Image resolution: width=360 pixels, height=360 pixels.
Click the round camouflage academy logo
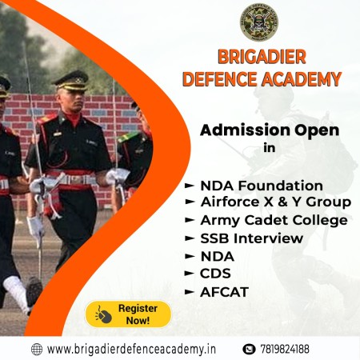(259, 22)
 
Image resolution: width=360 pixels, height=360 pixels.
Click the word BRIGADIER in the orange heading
(262, 57)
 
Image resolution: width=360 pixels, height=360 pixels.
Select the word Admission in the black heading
(245, 130)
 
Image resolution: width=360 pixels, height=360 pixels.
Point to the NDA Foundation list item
(262, 186)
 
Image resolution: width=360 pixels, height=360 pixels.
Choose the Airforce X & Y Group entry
(276, 202)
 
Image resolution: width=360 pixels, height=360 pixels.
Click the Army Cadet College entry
(274, 221)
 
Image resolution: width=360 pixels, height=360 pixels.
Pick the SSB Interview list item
(252, 238)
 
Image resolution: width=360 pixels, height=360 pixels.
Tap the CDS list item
(215, 274)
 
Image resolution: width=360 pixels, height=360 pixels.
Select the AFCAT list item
(224, 292)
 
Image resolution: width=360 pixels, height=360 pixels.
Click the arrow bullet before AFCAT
(190, 292)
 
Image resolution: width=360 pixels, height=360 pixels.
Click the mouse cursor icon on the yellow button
(103, 314)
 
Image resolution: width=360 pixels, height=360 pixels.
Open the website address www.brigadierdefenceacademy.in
(131, 349)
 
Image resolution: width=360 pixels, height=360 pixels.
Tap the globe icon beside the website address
(37, 350)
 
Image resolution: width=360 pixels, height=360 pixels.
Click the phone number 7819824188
(285, 349)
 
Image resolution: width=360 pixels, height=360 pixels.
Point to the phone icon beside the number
(249, 349)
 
